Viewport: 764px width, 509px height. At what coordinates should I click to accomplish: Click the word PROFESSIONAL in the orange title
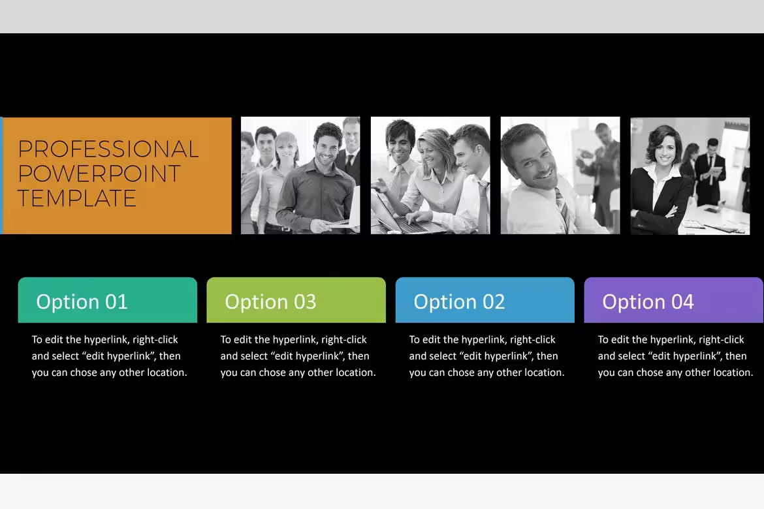(x=108, y=149)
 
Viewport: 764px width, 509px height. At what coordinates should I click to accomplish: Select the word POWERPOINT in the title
(x=99, y=174)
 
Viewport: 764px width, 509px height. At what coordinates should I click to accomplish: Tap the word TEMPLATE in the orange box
(x=77, y=198)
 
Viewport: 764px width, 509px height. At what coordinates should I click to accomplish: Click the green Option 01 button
(x=108, y=300)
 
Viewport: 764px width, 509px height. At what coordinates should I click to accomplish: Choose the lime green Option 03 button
(x=296, y=300)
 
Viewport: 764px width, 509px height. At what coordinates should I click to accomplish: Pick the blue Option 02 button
(x=485, y=300)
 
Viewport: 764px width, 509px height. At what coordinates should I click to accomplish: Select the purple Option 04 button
(x=673, y=300)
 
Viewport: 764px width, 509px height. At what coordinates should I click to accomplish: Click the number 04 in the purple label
(x=682, y=302)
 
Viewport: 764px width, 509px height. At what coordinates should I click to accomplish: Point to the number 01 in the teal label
(x=116, y=302)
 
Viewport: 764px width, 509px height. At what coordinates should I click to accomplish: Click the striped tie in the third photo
(x=564, y=210)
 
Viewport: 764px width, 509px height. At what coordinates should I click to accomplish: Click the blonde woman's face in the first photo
(x=287, y=149)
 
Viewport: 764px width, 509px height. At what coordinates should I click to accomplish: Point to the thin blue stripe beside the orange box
(x=1, y=176)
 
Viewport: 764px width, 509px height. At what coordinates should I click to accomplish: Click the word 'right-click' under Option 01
(x=155, y=340)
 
